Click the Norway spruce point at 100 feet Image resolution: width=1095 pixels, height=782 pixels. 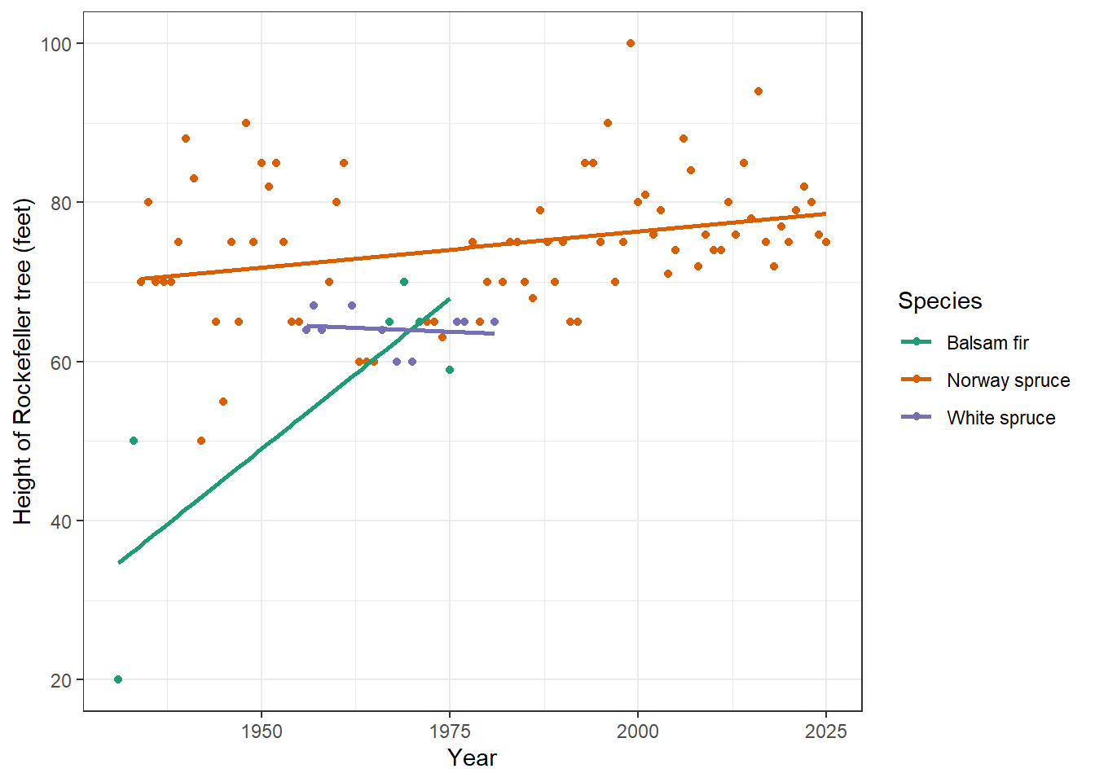(x=631, y=43)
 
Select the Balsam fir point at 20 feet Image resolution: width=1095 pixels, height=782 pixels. (x=118, y=679)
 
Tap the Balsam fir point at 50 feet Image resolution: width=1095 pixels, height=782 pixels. (x=134, y=441)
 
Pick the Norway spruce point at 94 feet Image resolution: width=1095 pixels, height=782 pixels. (x=759, y=91)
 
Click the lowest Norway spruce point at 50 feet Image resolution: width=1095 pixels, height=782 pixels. (x=201, y=441)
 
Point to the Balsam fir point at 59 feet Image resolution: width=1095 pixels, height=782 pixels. (x=450, y=370)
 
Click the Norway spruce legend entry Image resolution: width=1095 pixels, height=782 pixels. (x=1008, y=380)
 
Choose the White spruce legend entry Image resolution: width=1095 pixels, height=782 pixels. (x=1000, y=418)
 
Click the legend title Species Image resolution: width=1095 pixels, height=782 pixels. (x=939, y=301)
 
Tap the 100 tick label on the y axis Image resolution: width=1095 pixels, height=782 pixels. (x=56, y=44)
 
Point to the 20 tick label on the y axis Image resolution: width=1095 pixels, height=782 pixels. (x=61, y=680)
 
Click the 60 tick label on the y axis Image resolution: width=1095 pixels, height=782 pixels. (x=61, y=362)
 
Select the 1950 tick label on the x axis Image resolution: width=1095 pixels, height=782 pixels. (x=262, y=731)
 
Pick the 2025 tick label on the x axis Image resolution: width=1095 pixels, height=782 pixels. (x=825, y=731)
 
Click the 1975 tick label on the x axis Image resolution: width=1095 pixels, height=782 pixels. (x=450, y=731)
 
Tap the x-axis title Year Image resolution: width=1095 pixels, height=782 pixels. (x=472, y=758)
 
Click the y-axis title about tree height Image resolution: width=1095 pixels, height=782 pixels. (x=23, y=362)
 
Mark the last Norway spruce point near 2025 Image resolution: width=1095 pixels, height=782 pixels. (x=826, y=242)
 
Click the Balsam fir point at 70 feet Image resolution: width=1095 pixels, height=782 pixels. (x=404, y=282)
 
